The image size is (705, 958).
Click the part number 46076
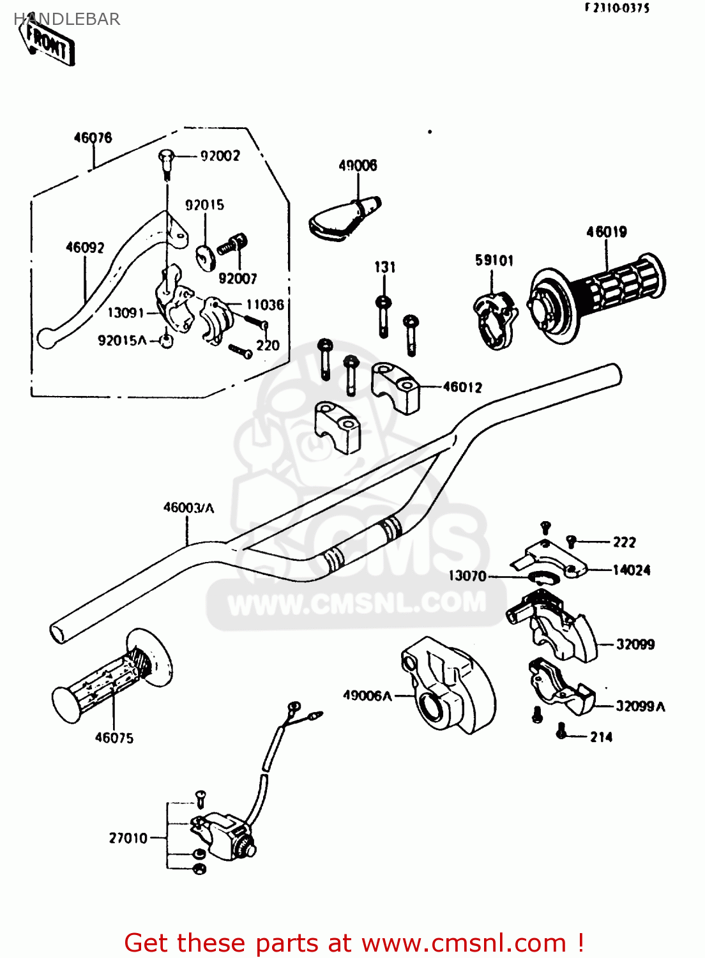[93, 138]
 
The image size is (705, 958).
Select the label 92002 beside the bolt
[220, 156]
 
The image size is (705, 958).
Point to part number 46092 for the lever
[85, 247]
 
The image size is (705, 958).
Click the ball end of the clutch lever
[45, 337]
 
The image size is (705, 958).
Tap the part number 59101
[494, 261]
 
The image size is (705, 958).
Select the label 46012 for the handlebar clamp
[462, 387]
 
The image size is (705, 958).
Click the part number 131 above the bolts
[384, 267]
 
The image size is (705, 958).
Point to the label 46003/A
[188, 508]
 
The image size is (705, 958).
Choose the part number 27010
[128, 838]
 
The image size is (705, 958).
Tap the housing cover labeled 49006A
[447, 687]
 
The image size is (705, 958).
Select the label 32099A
[640, 706]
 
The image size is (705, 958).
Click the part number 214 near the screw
[601, 737]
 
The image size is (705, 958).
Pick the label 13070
[467, 576]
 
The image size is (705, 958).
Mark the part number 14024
[631, 570]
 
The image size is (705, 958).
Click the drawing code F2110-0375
[617, 8]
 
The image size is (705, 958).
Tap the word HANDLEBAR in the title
[67, 19]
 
